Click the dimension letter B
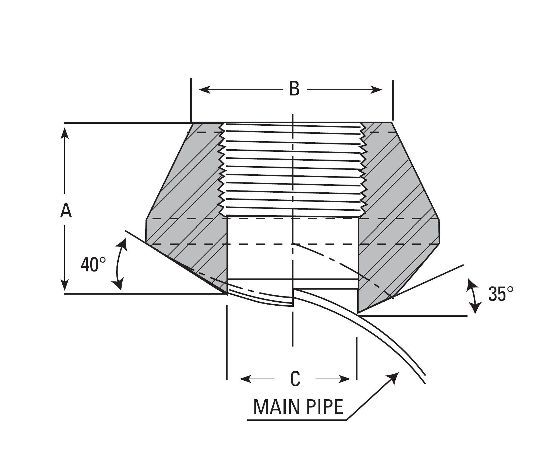pyautogui.click(x=294, y=89)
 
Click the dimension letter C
pyautogui.click(x=295, y=379)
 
